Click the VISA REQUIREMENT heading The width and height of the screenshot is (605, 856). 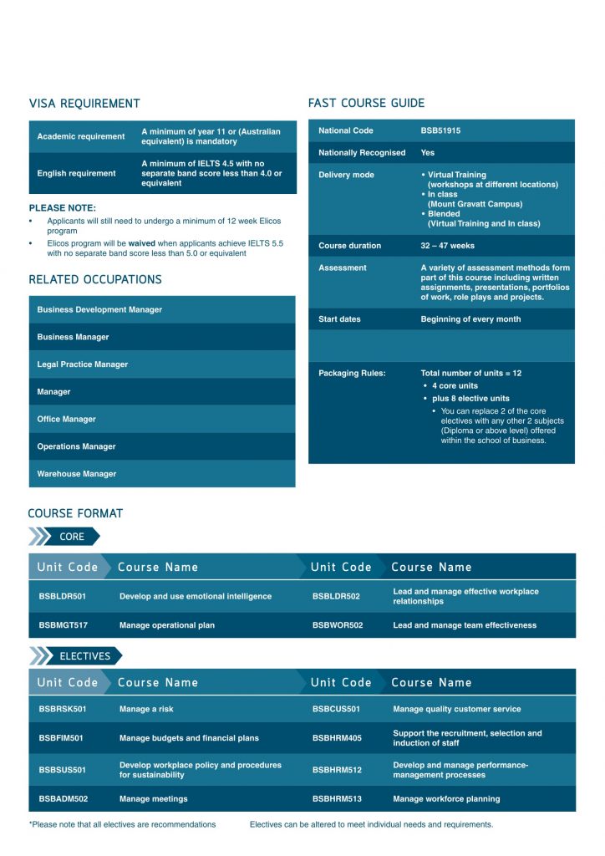[x=84, y=104]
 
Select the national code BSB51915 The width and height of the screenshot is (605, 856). [x=440, y=131]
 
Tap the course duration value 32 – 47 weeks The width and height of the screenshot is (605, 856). [x=447, y=246]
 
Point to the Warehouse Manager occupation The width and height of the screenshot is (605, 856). [x=77, y=474]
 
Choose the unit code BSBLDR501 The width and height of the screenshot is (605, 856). [x=63, y=597]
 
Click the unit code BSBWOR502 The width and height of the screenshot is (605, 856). [x=338, y=625]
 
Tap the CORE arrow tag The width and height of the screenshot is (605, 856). [x=72, y=537]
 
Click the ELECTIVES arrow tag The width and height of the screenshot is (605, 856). [x=84, y=656]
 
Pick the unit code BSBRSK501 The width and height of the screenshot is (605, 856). [x=63, y=709]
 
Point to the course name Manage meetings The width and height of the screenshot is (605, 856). [x=154, y=799]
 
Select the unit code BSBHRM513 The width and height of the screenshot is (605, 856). [x=338, y=799]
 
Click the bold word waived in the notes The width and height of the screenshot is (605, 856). [x=141, y=243]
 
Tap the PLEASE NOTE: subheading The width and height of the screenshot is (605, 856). [x=63, y=208]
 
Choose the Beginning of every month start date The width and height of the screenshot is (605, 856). [x=470, y=319]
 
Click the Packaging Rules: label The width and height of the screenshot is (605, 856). [x=352, y=374]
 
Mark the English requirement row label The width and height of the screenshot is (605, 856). [x=77, y=174]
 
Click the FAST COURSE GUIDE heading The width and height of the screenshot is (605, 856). [x=366, y=104]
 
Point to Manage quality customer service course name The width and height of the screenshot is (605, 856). [x=456, y=709]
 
